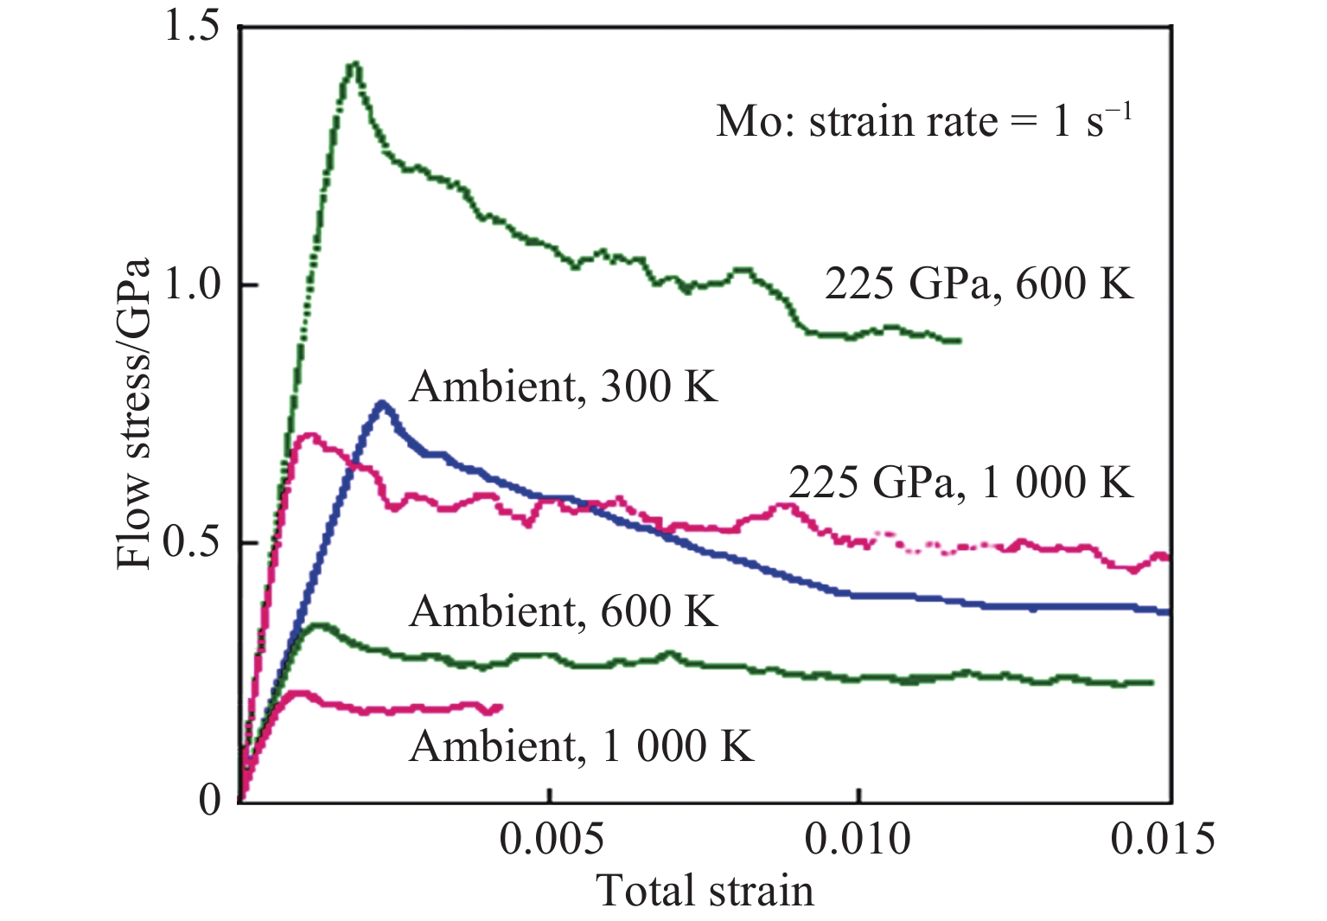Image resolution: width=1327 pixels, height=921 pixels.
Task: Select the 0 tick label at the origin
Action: [210, 800]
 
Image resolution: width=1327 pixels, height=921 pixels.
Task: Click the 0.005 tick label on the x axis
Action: [551, 839]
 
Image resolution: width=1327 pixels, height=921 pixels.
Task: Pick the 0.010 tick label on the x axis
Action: [858, 839]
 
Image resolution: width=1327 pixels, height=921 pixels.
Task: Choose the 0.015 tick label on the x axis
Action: [1163, 839]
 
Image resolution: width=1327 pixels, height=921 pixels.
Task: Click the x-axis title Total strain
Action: [705, 891]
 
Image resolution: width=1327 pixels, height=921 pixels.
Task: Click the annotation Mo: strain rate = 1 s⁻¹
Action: [923, 120]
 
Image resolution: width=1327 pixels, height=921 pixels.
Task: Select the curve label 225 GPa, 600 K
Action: [978, 283]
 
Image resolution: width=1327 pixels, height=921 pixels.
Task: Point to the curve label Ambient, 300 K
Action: [564, 387]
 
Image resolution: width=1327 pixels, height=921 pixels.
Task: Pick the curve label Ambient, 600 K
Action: [564, 611]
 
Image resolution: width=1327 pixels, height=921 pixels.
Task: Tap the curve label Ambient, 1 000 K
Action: [582, 745]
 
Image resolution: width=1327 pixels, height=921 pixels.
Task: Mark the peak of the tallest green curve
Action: [354, 64]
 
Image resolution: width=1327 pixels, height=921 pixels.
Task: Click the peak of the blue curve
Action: [382, 404]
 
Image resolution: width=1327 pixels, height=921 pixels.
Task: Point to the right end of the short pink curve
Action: [500, 708]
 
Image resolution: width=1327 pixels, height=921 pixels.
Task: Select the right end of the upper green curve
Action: [959, 341]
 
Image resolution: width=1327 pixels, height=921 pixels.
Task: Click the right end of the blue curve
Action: [1168, 611]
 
